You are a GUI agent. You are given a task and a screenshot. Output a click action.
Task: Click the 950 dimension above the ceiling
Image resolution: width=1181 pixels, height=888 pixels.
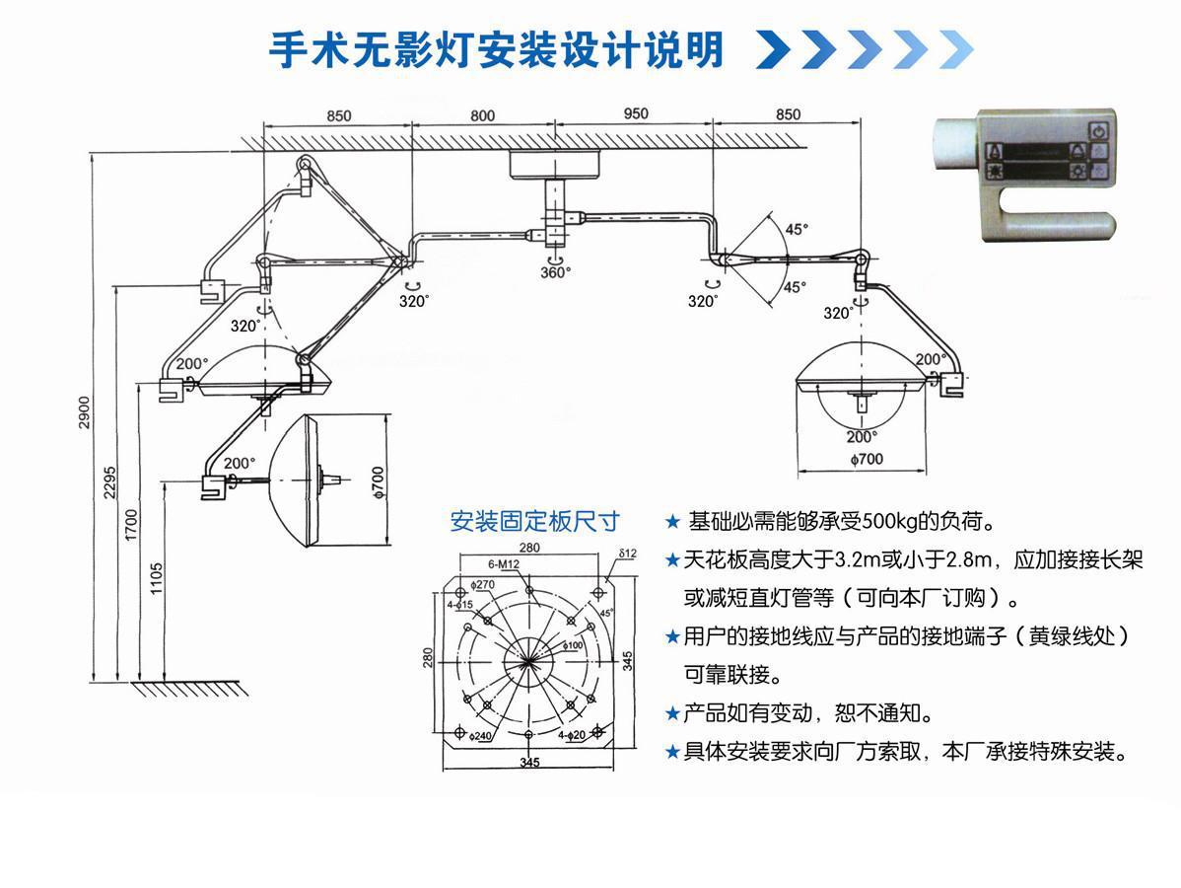636,113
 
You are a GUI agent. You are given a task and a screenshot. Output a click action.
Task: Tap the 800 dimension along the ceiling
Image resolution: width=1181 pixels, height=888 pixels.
482,115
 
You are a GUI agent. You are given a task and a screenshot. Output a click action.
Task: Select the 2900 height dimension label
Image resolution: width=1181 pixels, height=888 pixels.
85,413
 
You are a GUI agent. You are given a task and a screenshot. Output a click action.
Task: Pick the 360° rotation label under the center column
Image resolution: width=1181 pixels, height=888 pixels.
554,272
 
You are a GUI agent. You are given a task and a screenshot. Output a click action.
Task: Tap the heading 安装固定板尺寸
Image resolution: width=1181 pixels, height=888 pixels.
534,521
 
